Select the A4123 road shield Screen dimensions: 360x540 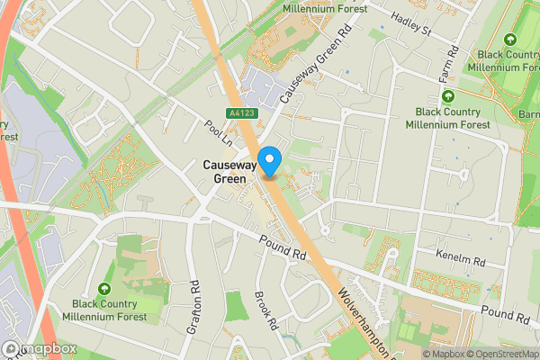tap(240, 113)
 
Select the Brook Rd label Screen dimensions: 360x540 tap(264, 308)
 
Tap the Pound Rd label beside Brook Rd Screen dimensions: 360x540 tap(283, 247)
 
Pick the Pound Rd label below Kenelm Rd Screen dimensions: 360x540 tap(504, 314)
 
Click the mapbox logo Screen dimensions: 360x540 tap(40, 348)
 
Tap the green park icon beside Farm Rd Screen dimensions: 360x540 tap(446, 95)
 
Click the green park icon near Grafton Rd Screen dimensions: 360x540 tap(105, 289)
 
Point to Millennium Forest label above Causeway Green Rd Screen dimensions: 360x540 tap(324, 8)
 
